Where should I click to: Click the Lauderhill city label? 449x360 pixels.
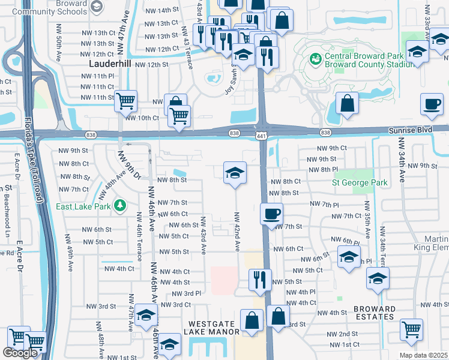click(109, 63)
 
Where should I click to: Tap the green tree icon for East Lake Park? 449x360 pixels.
click(121, 205)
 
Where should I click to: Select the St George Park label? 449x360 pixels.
click(360, 182)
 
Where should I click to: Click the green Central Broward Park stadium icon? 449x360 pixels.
click(314, 59)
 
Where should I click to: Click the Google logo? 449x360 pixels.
click(20, 353)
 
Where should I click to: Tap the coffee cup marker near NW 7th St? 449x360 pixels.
click(272, 214)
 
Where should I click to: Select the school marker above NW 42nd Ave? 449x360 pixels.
click(235, 173)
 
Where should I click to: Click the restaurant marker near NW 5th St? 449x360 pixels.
click(260, 280)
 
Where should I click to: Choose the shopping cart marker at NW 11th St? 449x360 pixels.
click(125, 102)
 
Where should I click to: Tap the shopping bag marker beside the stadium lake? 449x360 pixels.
click(347, 103)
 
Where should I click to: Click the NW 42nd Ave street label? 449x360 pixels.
click(237, 231)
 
